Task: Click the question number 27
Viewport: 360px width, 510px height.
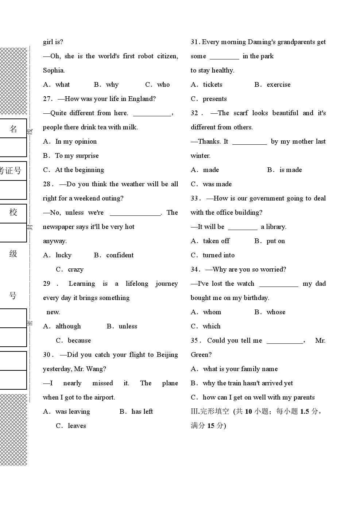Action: coord(47,99)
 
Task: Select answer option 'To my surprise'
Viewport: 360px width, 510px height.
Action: coord(77,156)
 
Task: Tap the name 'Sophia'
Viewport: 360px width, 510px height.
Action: coord(53,70)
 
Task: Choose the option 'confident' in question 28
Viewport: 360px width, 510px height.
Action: coord(120,255)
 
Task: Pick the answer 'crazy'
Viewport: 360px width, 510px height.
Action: coord(76,269)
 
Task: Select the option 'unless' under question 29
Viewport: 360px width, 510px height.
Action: coord(128,326)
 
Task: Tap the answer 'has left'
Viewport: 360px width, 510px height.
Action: coord(142,412)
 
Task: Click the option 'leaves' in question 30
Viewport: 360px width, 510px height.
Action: coord(77,426)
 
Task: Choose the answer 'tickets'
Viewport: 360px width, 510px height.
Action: coord(212,85)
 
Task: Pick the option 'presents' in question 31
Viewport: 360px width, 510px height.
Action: coord(214,99)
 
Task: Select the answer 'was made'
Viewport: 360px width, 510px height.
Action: coord(217,184)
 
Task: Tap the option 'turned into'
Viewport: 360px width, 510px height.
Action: coord(218,255)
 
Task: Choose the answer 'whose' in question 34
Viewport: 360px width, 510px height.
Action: coord(276,312)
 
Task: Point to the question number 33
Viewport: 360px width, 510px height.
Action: coord(195,198)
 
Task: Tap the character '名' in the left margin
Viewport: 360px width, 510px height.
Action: coord(13,129)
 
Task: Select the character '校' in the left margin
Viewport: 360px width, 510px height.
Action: coord(13,212)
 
